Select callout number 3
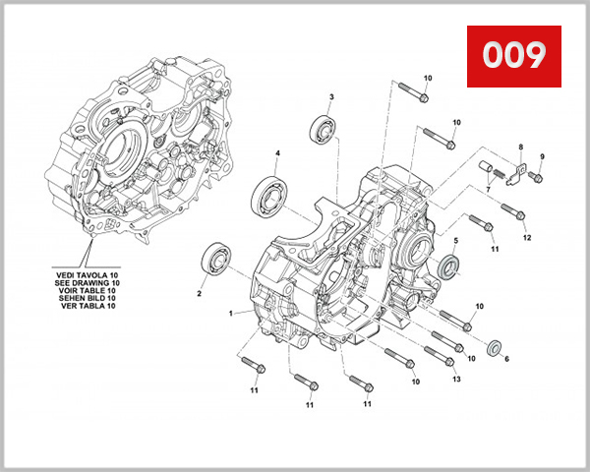[331, 97]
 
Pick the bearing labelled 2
[216, 260]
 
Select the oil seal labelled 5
[448, 265]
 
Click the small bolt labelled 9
[536, 177]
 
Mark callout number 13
[455, 379]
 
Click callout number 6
[506, 360]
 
